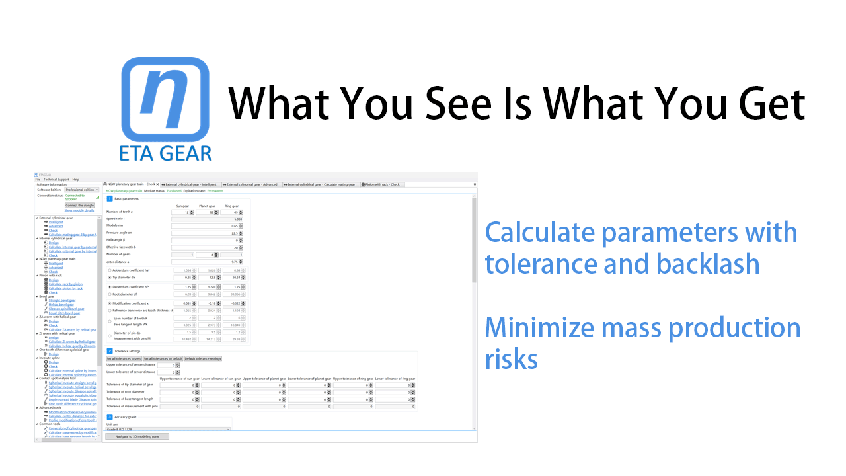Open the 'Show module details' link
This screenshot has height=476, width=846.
(x=79, y=210)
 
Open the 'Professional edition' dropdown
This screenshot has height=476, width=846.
(x=81, y=190)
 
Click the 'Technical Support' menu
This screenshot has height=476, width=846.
(x=56, y=179)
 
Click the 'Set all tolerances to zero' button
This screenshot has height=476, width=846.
(x=124, y=358)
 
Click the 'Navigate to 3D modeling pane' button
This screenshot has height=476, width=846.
(x=137, y=436)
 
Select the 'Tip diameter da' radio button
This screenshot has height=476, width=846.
(x=110, y=278)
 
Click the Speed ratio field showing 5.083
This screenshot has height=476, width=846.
(x=206, y=219)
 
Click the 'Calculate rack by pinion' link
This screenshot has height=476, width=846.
(x=65, y=284)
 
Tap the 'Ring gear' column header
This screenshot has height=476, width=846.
(x=231, y=206)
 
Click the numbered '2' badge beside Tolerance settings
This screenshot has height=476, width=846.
(x=110, y=350)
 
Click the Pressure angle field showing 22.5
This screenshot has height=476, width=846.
(x=206, y=233)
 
